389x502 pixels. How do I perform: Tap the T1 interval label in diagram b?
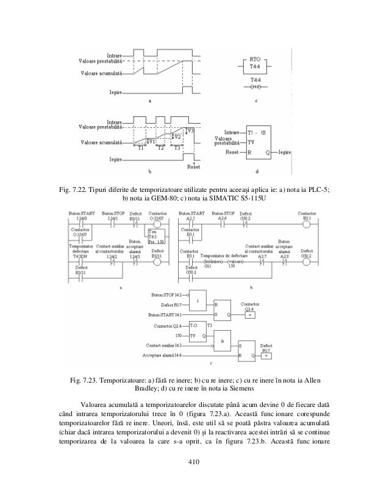[x=141, y=147]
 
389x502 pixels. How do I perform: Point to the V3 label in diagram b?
[x=190, y=130]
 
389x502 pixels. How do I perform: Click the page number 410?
[x=194, y=469]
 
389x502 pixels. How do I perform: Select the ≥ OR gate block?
[x=197, y=302]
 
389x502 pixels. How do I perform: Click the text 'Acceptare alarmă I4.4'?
[x=161, y=354]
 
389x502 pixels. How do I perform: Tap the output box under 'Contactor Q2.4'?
[x=251, y=315]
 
